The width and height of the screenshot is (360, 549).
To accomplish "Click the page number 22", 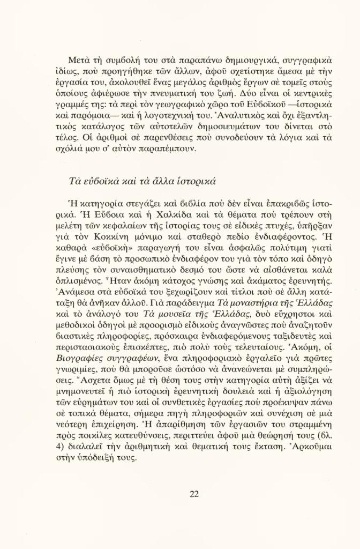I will [x=194, y=494].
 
